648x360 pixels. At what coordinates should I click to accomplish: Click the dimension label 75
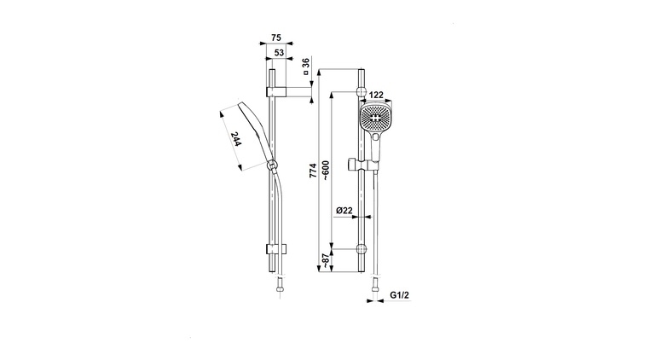pyautogui.click(x=276, y=38)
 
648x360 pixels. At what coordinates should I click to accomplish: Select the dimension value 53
pyautogui.click(x=280, y=53)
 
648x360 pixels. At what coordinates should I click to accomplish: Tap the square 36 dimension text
pyautogui.click(x=306, y=67)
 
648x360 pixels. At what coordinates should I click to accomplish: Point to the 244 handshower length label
pyautogui.click(x=235, y=139)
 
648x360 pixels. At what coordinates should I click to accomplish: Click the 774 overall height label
pyautogui.click(x=313, y=171)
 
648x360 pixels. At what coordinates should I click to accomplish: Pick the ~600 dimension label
pyautogui.click(x=326, y=171)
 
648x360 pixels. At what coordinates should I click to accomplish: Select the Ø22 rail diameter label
pyautogui.click(x=344, y=211)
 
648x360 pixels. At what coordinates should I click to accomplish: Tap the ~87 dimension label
pyautogui.click(x=326, y=261)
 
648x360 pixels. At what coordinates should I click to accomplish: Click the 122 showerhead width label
pyautogui.click(x=376, y=95)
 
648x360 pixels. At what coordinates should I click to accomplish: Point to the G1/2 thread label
pyautogui.click(x=400, y=295)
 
